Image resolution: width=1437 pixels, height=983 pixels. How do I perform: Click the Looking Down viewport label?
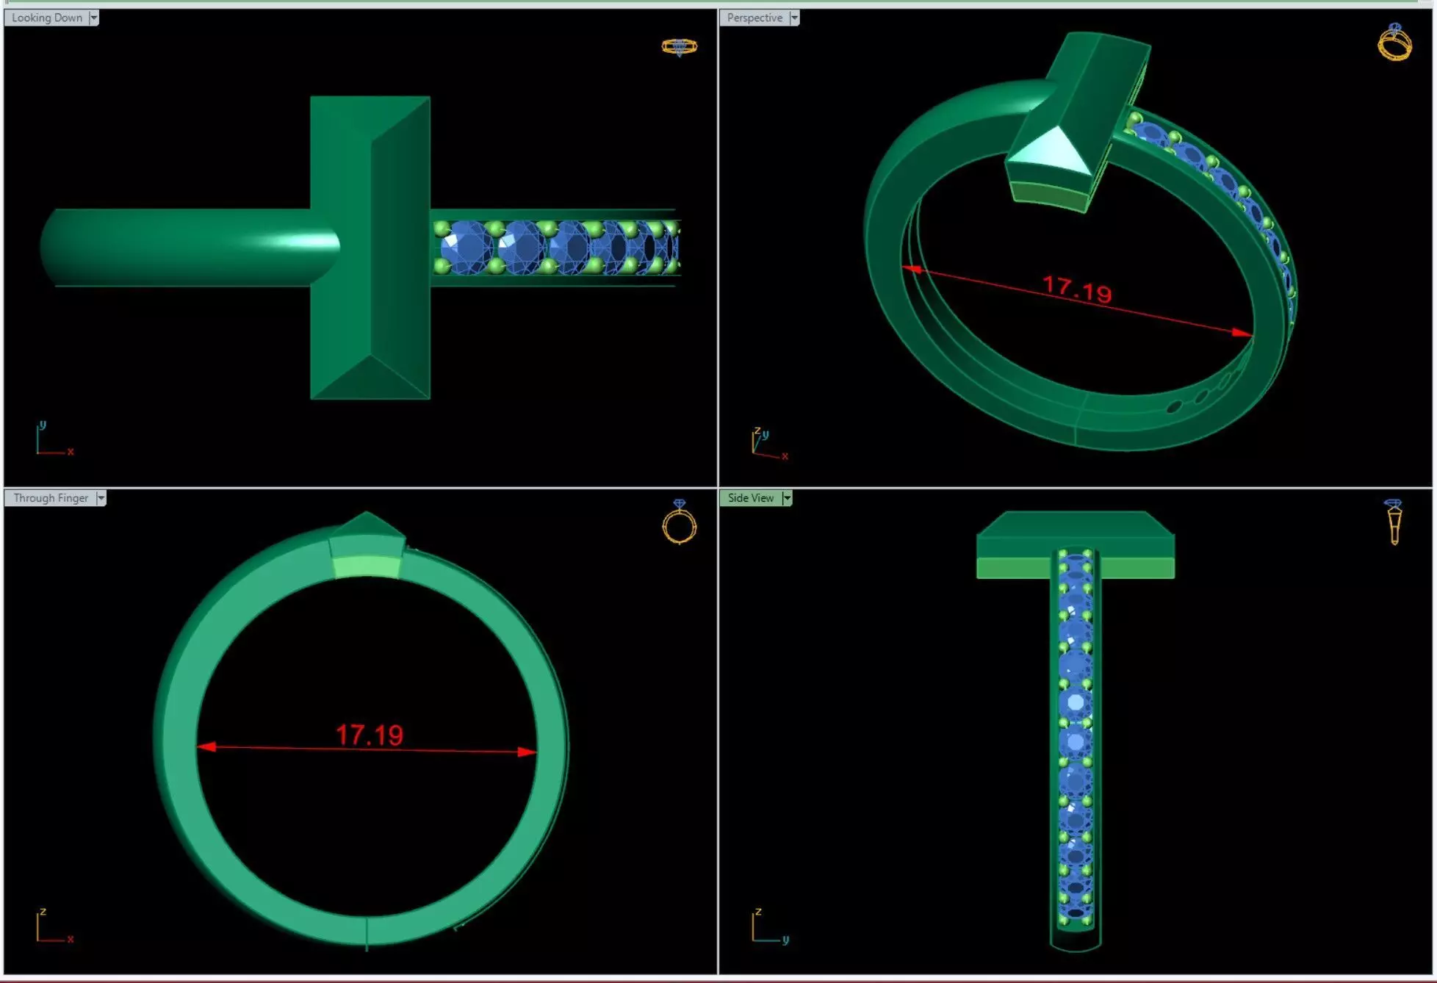tap(46, 18)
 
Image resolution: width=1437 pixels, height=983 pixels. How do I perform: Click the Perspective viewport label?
tap(754, 18)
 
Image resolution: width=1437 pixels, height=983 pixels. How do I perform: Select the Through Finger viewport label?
tap(50, 498)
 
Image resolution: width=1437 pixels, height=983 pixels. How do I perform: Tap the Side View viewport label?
tap(750, 498)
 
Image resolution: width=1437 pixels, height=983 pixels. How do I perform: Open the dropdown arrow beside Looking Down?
tap(94, 18)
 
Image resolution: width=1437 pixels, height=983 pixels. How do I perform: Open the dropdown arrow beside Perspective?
tap(794, 18)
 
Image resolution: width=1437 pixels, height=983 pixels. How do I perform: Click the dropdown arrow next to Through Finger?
tap(101, 498)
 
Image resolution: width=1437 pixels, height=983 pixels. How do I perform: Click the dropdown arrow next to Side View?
tap(787, 498)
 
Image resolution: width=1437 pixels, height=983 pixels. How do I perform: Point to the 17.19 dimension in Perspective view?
tap(1077, 289)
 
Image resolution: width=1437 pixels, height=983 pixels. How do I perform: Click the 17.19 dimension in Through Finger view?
tap(370, 735)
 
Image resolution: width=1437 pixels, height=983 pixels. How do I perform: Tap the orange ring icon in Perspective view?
tap(1394, 42)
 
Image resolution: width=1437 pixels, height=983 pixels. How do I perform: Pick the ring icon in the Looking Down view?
tap(679, 47)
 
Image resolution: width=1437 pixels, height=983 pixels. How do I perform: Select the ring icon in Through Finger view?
tap(679, 523)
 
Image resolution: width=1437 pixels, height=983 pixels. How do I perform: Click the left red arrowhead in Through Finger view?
tap(206, 746)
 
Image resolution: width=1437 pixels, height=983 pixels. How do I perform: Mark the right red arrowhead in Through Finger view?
tap(526, 752)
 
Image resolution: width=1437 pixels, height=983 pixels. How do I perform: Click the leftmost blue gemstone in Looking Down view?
tap(464, 247)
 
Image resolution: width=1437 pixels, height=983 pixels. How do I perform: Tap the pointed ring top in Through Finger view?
tap(367, 523)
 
